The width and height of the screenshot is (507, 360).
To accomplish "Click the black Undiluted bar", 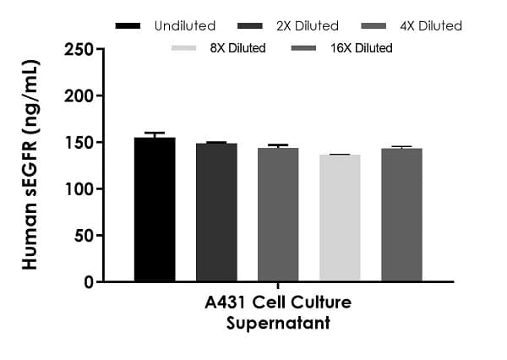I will pos(155,209).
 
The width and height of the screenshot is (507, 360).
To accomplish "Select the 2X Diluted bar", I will pos(216,211).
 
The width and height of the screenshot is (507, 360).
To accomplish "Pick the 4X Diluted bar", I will pos(278,214).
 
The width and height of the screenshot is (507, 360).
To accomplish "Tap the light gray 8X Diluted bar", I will pos(340,217).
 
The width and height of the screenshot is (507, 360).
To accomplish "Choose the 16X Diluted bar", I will pos(401,214).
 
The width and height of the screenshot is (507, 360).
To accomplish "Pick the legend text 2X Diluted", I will pos(308,26).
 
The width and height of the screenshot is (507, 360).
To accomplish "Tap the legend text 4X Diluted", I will pos(431,26).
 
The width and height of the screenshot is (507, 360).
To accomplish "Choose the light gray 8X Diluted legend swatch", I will pos(188,48).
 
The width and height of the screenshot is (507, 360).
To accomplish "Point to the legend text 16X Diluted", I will pos(362,48).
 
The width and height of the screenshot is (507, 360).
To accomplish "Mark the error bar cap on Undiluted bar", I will pos(155,133).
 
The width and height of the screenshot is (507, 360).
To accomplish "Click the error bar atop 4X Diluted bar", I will pos(278,146).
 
